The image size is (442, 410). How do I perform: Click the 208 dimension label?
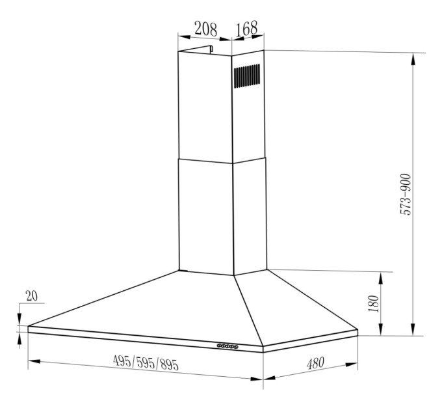click(205, 28)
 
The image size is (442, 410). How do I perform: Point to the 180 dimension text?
click(372, 303)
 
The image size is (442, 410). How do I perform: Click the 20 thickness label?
click(31, 295)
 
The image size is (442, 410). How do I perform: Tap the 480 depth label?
click(315, 362)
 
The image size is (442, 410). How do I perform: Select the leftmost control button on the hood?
click(218, 346)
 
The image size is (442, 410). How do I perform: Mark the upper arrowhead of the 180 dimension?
click(382, 275)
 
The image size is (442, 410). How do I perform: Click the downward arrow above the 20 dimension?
click(19, 319)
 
